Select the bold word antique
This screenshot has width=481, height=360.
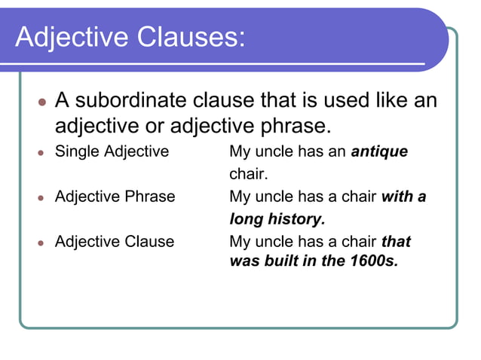pyautogui.click(x=379, y=151)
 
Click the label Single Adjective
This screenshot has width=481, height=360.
pyautogui.click(x=112, y=151)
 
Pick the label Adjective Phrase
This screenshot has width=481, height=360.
pyautogui.click(x=115, y=197)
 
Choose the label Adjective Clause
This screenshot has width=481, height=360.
pyautogui.click(x=115, y=242)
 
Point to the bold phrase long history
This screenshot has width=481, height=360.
pyautogui.click(x=277, y=219)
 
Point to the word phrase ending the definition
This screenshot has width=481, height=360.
pyautogui.click(x=298, y=123)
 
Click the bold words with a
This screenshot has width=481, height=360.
pyautogui.click(x=404, y=197)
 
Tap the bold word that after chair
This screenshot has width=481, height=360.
pyautogui.click(x=396, y=242)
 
